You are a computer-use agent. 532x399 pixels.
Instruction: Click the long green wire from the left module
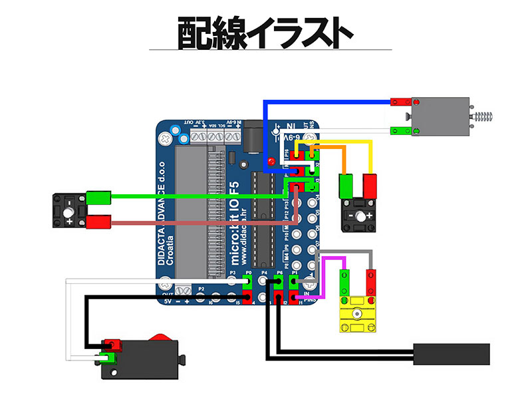199,196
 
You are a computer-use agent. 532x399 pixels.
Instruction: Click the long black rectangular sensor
452,354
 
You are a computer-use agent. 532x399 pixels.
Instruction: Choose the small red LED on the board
271,162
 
